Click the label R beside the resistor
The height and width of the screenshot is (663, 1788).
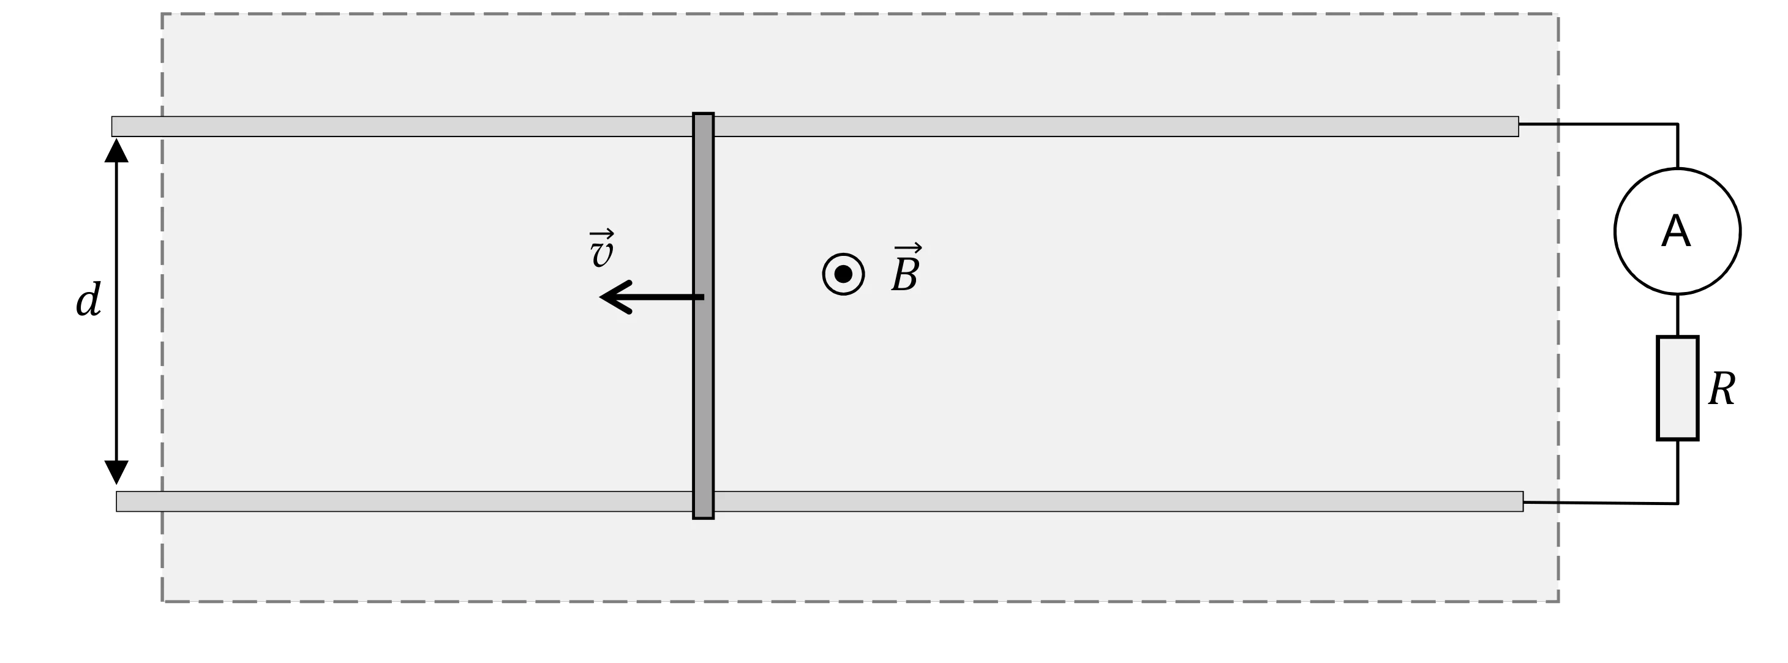click(x=1722, y=389)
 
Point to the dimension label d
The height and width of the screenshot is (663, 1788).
click(x=88, y=300)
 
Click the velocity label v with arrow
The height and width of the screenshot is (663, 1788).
click(x=601, y=248)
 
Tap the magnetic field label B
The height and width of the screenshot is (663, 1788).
click(x=906, y=268)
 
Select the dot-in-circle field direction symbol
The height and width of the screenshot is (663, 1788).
click(x=843, y=274)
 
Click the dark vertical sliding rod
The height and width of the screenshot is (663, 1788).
click(x=703, y=316)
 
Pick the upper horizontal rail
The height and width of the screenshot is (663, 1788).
click(x=815, y=126)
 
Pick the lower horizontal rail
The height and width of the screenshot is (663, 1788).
click(x=820, y=501)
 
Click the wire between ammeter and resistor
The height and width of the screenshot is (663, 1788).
click(x=1678, y=315)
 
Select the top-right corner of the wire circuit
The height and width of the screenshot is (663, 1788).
click(x=1678, y=124)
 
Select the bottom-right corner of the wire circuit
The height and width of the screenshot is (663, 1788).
click(x=1678, y=503)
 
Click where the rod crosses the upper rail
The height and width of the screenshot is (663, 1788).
click(x=703, y=126)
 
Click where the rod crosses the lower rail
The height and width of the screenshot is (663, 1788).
click(x=703, y=501)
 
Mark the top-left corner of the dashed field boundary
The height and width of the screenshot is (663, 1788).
click(x=162, y=14)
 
